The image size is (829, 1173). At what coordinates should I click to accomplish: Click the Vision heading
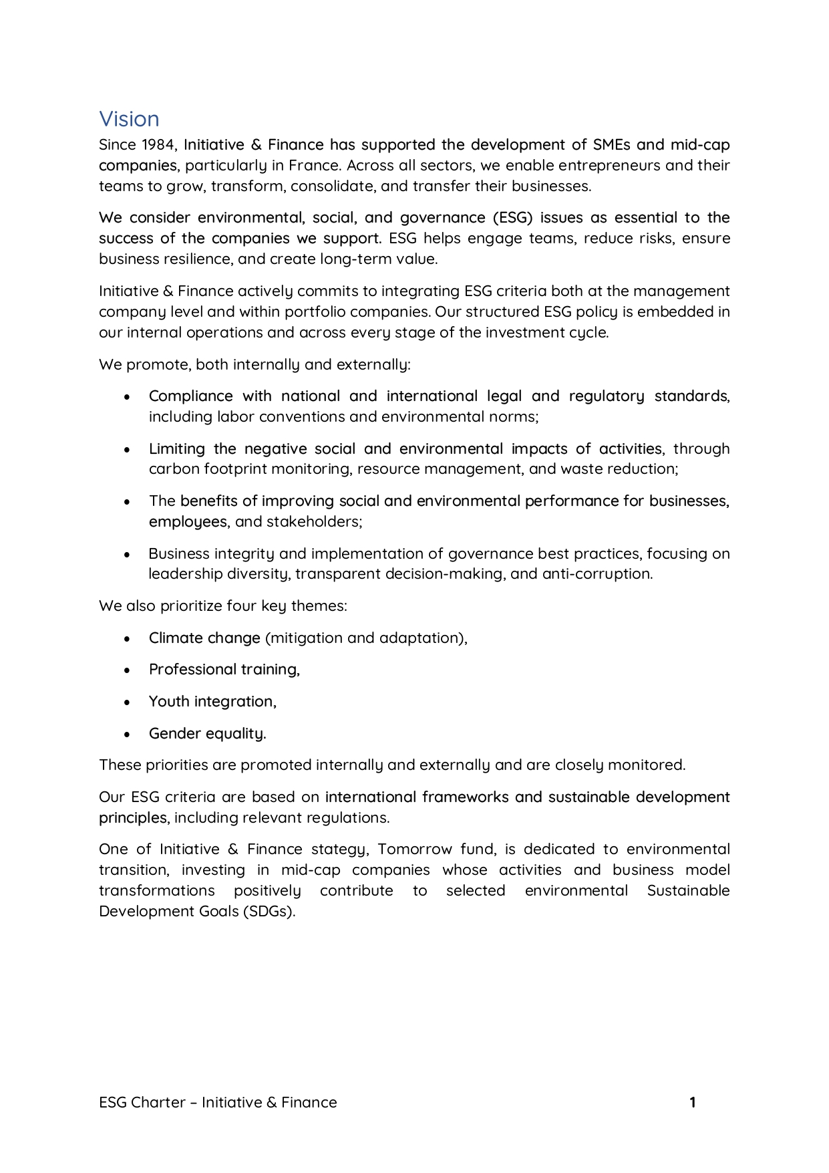tap(129, 119)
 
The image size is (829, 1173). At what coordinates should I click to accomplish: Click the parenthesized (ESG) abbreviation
tap(512, 218)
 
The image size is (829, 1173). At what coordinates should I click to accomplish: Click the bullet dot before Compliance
tap(127, 397)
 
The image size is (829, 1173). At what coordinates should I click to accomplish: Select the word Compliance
tap(190, 396)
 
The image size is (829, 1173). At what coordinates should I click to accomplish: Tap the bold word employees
tap(188, 522)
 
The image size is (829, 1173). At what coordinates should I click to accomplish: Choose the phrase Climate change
tap(204, 638)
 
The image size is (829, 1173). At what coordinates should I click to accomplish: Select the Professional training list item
tap(224, 670)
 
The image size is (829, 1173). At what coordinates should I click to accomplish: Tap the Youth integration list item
tap(212, 702)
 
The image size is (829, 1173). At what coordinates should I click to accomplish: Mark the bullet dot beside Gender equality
tap(127, 734)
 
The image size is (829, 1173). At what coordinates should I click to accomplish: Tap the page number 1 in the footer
tap(693, 1103)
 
